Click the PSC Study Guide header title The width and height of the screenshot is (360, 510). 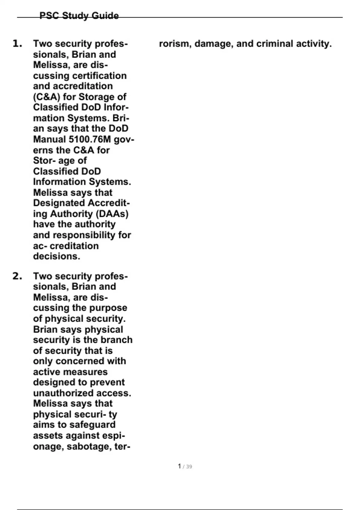[x=79, y=16]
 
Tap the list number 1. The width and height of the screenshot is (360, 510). [x=17, y=44]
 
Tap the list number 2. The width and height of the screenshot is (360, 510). [x=17, y=276]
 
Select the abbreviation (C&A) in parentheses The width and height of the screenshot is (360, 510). [x=47, y=97]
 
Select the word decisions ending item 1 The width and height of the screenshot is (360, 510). [x=56, y=256]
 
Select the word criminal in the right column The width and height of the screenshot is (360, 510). [x=275, y=44]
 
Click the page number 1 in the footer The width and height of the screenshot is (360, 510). [x=179, y=466]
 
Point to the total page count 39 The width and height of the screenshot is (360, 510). [x=189, y=466]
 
